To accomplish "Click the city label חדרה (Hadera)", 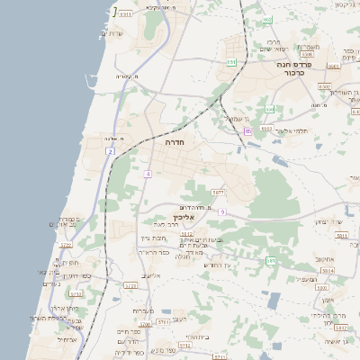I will (175, 142).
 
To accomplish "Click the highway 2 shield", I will (110, 152).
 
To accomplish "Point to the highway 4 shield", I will (147, 172).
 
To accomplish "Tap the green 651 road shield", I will (231, 62).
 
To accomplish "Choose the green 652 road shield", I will (267, 18).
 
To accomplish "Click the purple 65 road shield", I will (248, 131).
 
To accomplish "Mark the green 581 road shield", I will (270, 261).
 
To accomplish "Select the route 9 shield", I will (221, 211).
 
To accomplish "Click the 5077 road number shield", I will (218, 192).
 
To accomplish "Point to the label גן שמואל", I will (235, 118).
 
